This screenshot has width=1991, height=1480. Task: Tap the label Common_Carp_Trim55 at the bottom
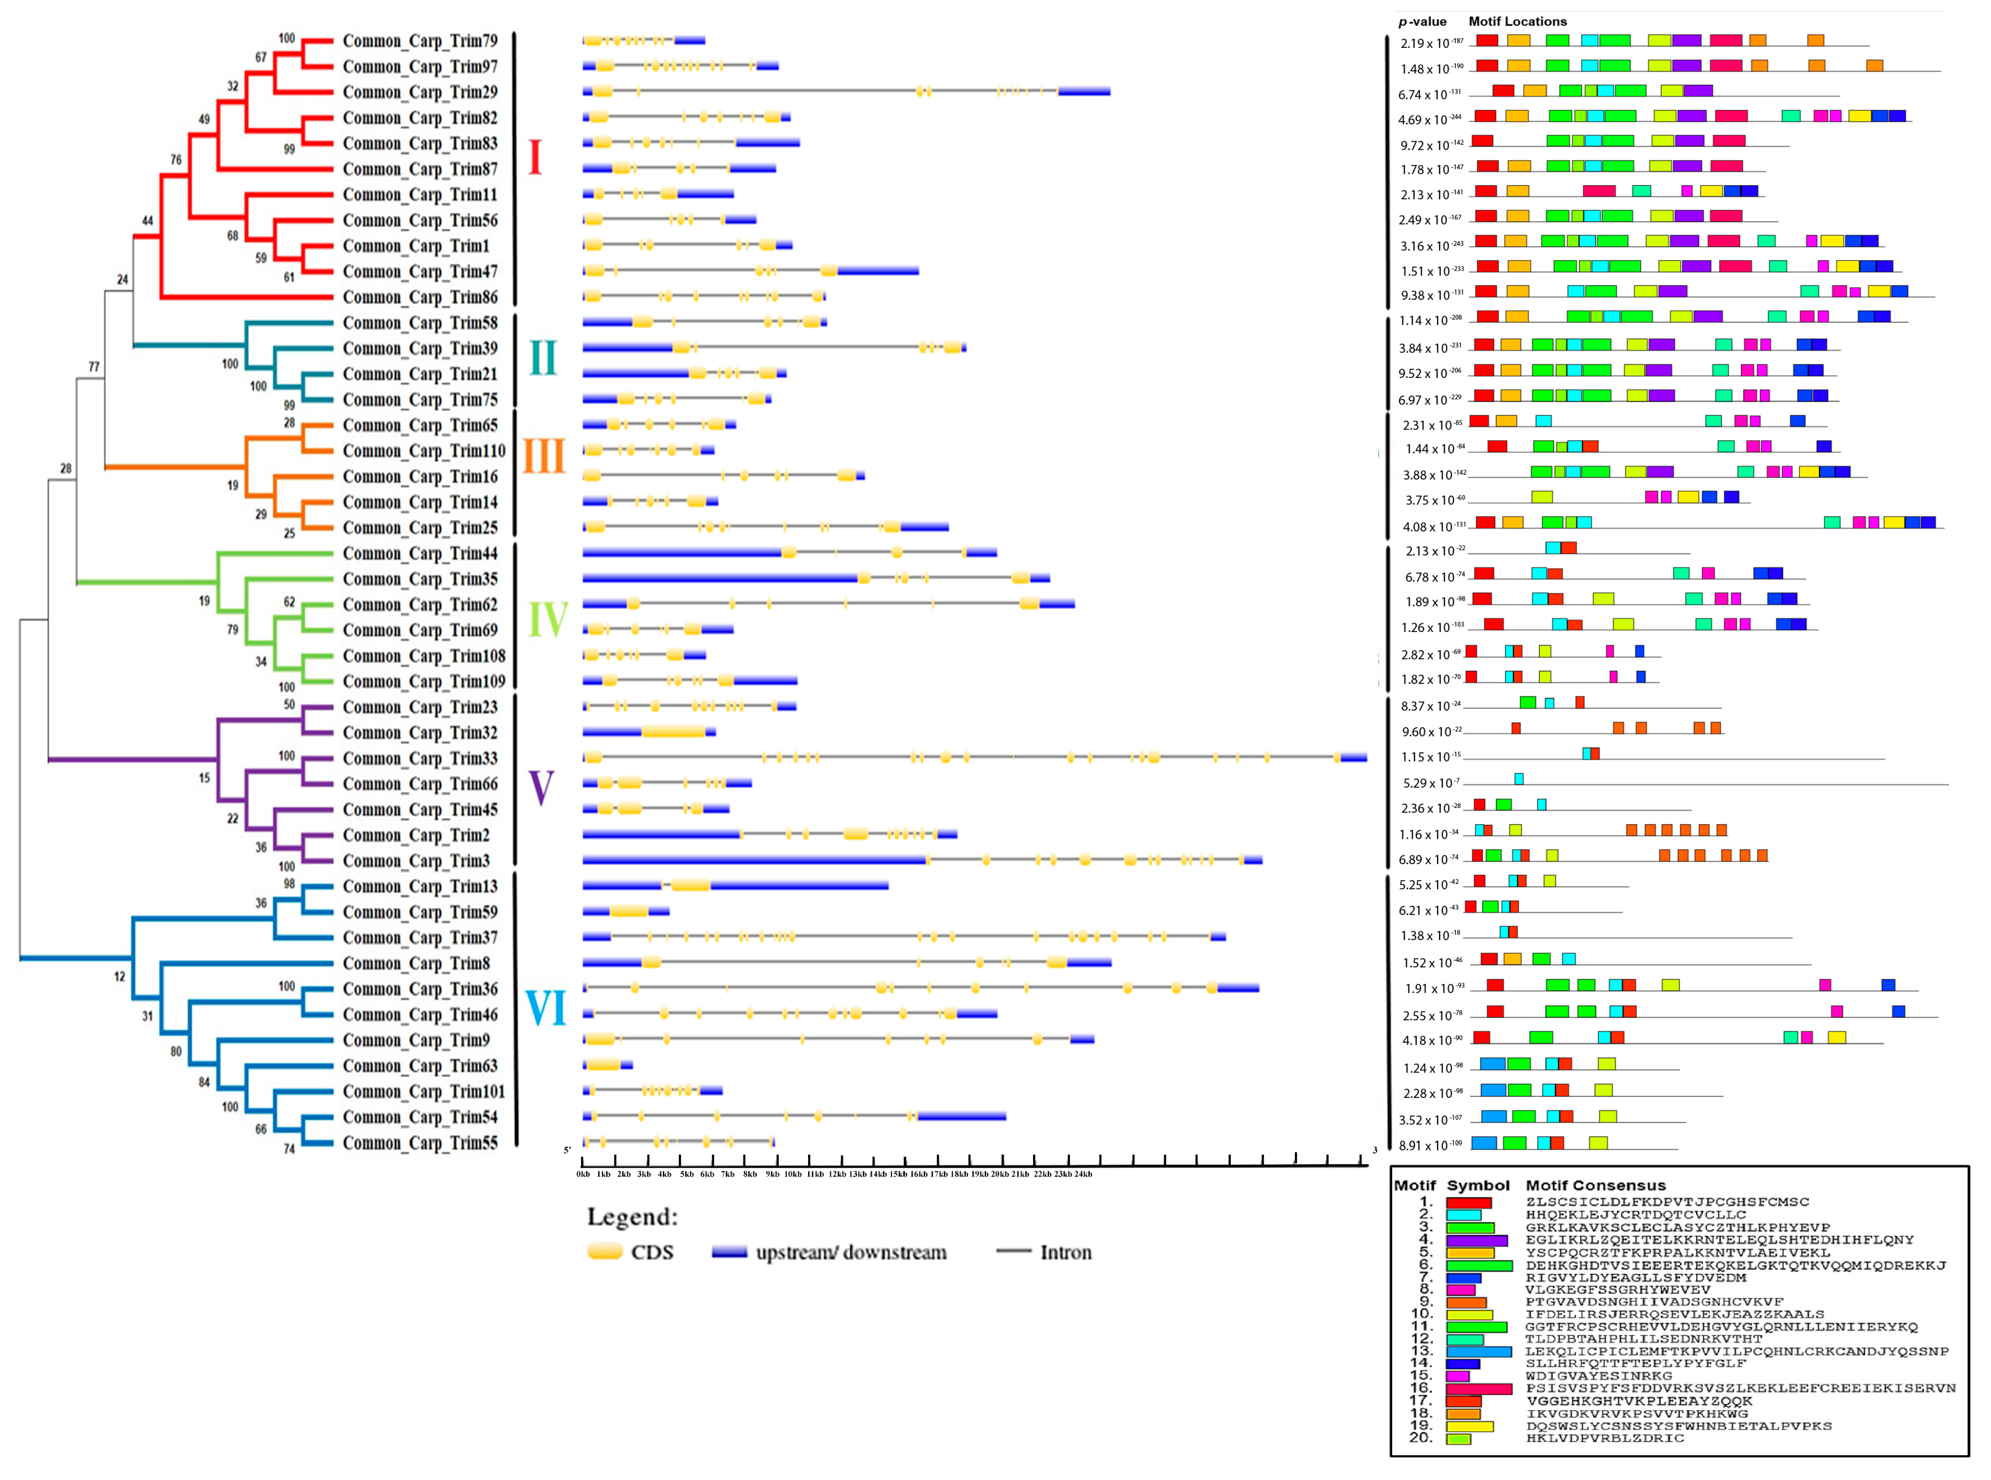pos(419,1143)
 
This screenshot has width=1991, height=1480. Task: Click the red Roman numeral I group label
pos(535,158)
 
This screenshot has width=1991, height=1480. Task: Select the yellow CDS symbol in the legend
pos(605,1251)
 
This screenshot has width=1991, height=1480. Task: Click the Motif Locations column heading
pos(1517,21)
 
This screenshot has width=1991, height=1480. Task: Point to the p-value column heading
pos(1422,21)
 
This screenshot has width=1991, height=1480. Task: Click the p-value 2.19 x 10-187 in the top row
pos(1430,43)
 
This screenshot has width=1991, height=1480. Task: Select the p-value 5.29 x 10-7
pos(1431,783)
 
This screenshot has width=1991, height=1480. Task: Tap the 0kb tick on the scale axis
pos(583,1173)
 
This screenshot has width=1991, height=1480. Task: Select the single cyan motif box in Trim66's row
pos(1519,779)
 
